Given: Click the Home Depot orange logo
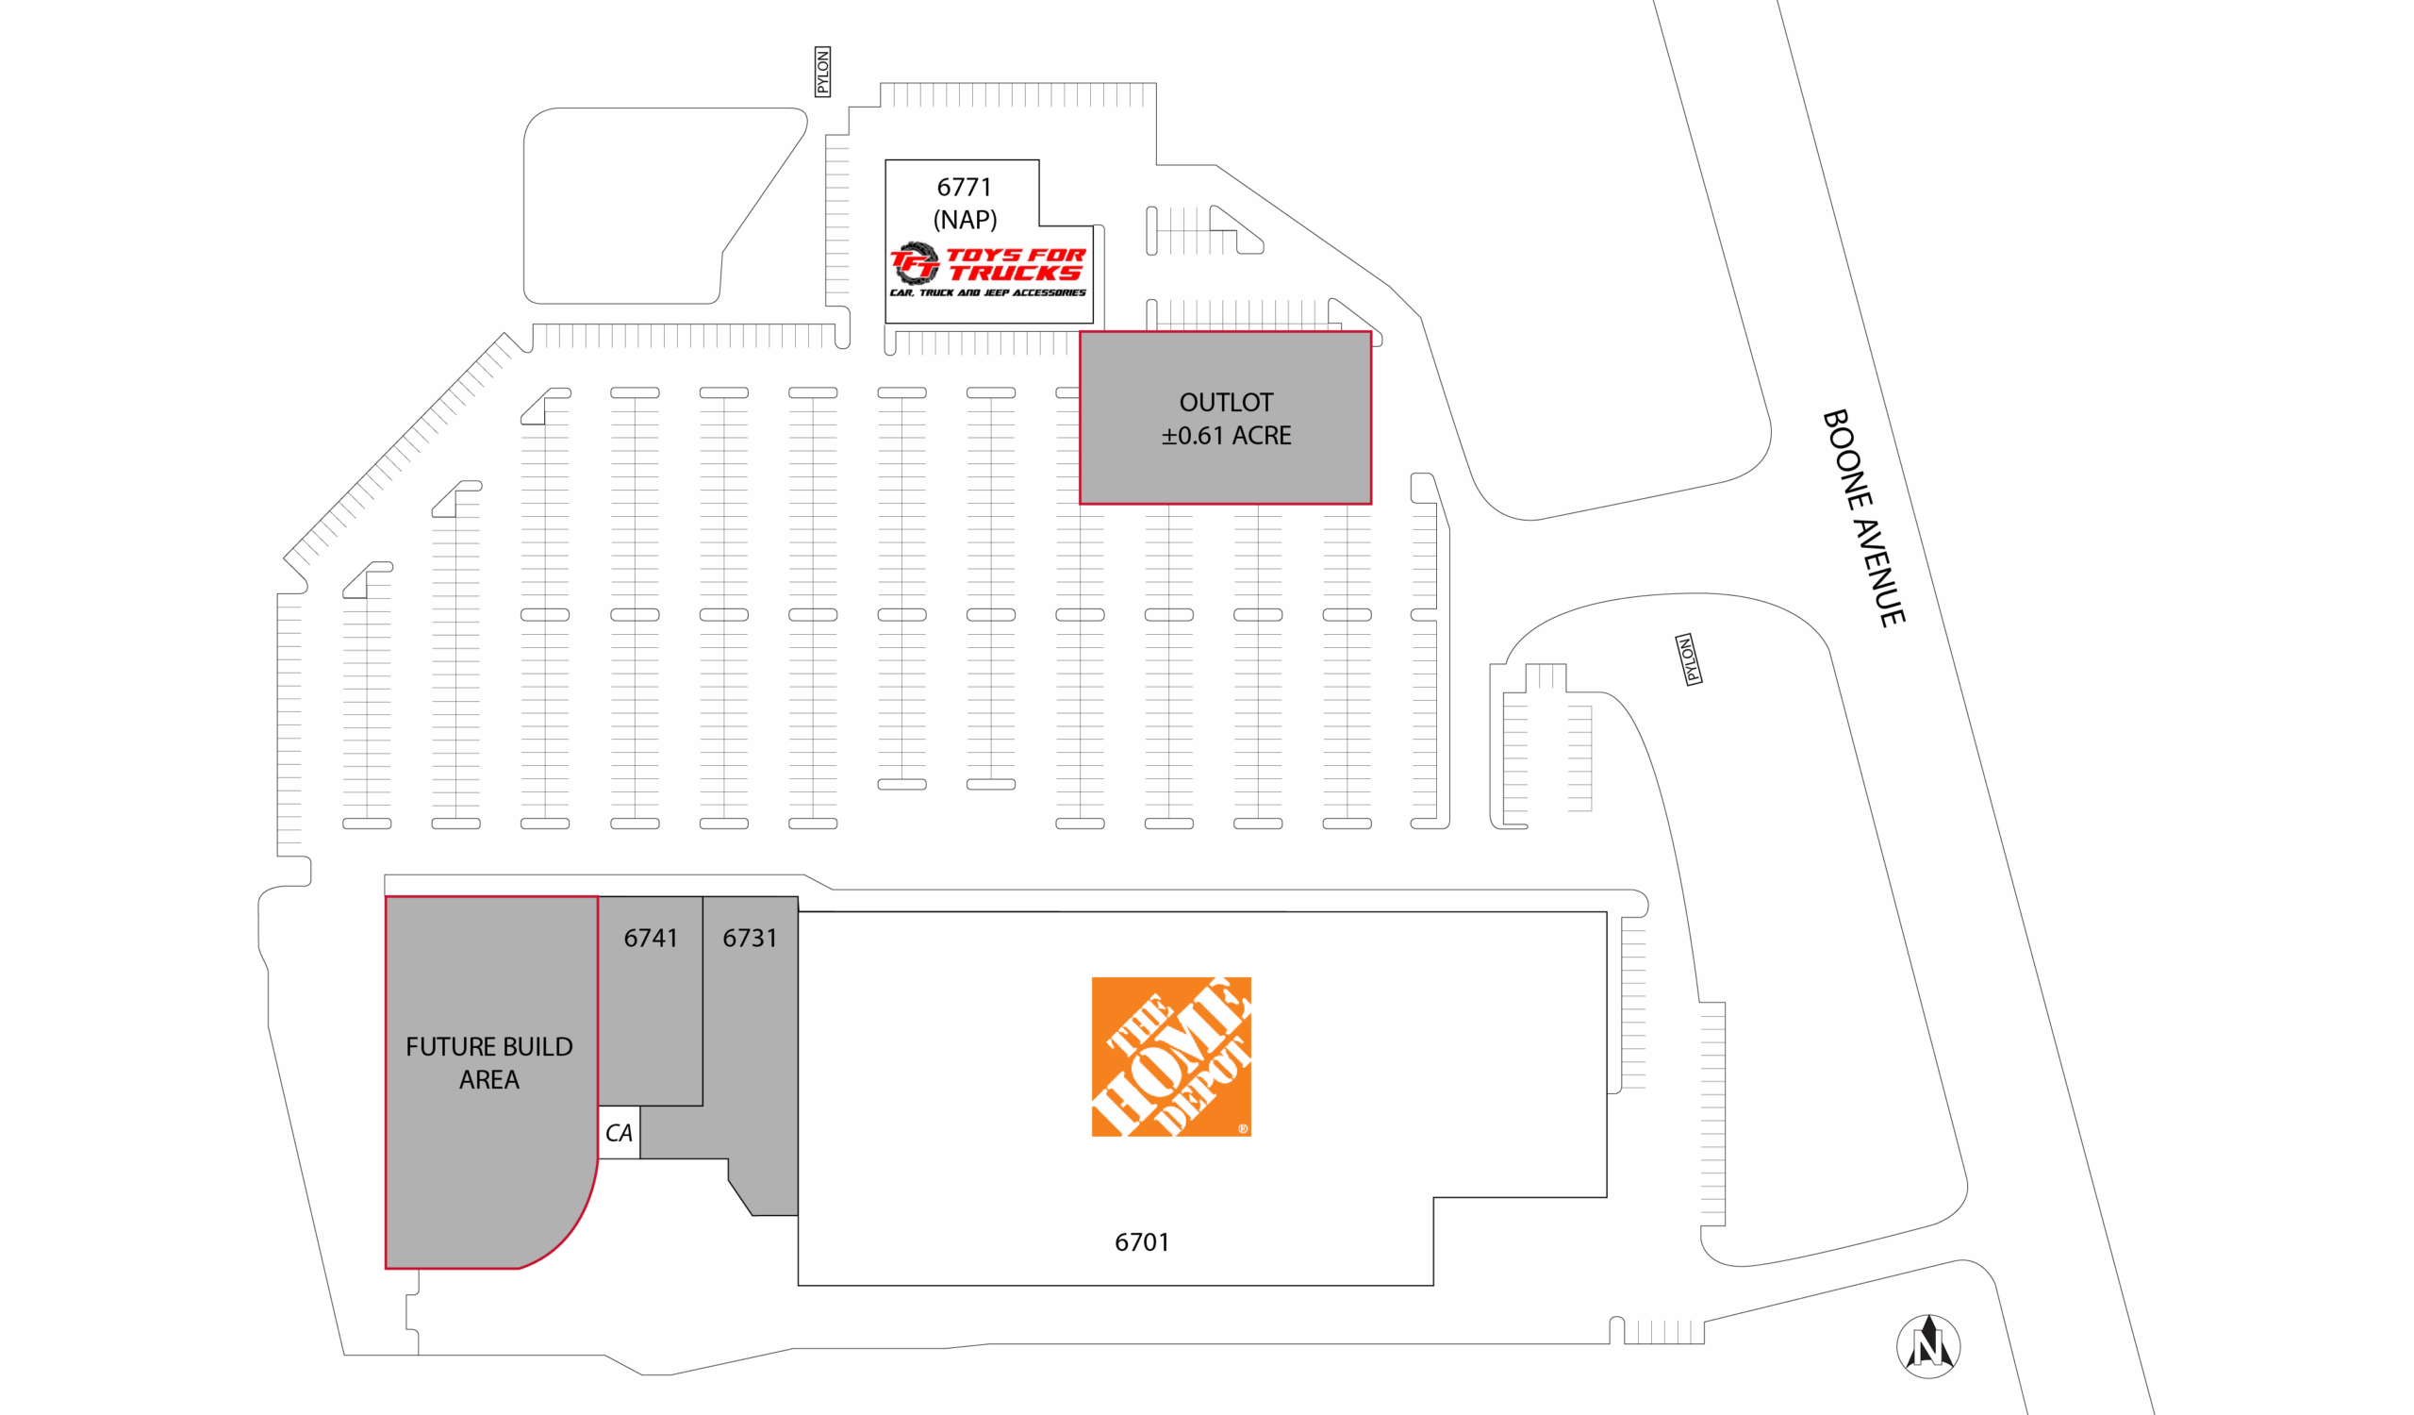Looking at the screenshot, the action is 1170,1057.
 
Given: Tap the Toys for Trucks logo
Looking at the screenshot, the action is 988,268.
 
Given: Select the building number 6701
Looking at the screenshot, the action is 1142,1242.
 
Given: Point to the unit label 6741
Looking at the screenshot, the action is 651,938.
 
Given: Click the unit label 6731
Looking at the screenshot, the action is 749,938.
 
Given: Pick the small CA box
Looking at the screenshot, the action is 619,1132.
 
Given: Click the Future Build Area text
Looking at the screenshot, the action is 488,1062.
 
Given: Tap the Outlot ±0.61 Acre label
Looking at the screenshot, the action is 1226,419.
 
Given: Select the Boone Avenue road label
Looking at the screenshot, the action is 1863,518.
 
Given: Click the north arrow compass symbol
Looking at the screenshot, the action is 1928,1346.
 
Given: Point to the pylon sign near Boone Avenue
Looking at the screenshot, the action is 1689,659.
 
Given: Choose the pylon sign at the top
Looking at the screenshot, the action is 822,72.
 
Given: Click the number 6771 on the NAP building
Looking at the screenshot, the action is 964,187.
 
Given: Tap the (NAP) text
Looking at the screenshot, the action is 965,220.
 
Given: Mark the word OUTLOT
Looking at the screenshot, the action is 1226,403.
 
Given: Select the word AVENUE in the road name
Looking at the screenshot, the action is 1878,573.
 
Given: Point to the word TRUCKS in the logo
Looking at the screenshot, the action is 1016,273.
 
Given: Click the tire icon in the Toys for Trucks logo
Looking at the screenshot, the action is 915,263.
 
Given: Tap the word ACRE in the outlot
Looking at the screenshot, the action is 1262,436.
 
